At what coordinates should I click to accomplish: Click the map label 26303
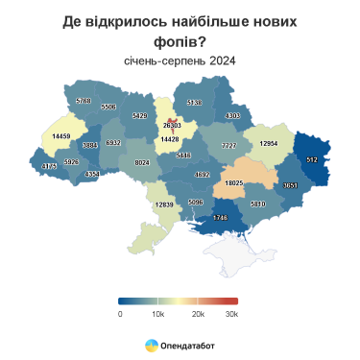(172, 126)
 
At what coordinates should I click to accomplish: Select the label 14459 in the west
(61, 136)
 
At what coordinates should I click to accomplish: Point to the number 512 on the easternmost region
(312, 158)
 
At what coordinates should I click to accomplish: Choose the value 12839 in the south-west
(164, 204)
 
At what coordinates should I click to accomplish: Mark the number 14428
(170, 139)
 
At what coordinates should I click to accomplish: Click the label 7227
(229, 145)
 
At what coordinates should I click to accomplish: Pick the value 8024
(142, 163)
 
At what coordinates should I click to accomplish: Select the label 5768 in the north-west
(84, 100)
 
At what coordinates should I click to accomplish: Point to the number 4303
(232, 116)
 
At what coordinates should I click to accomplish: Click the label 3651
(291, 184)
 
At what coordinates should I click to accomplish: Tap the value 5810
(257, 204)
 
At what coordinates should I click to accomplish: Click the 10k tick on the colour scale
(159, 313)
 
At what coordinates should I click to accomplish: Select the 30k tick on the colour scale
(230, 313)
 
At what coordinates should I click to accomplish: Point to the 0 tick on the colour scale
(120, 313)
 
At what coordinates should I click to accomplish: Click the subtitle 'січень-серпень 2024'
(180, 60)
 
